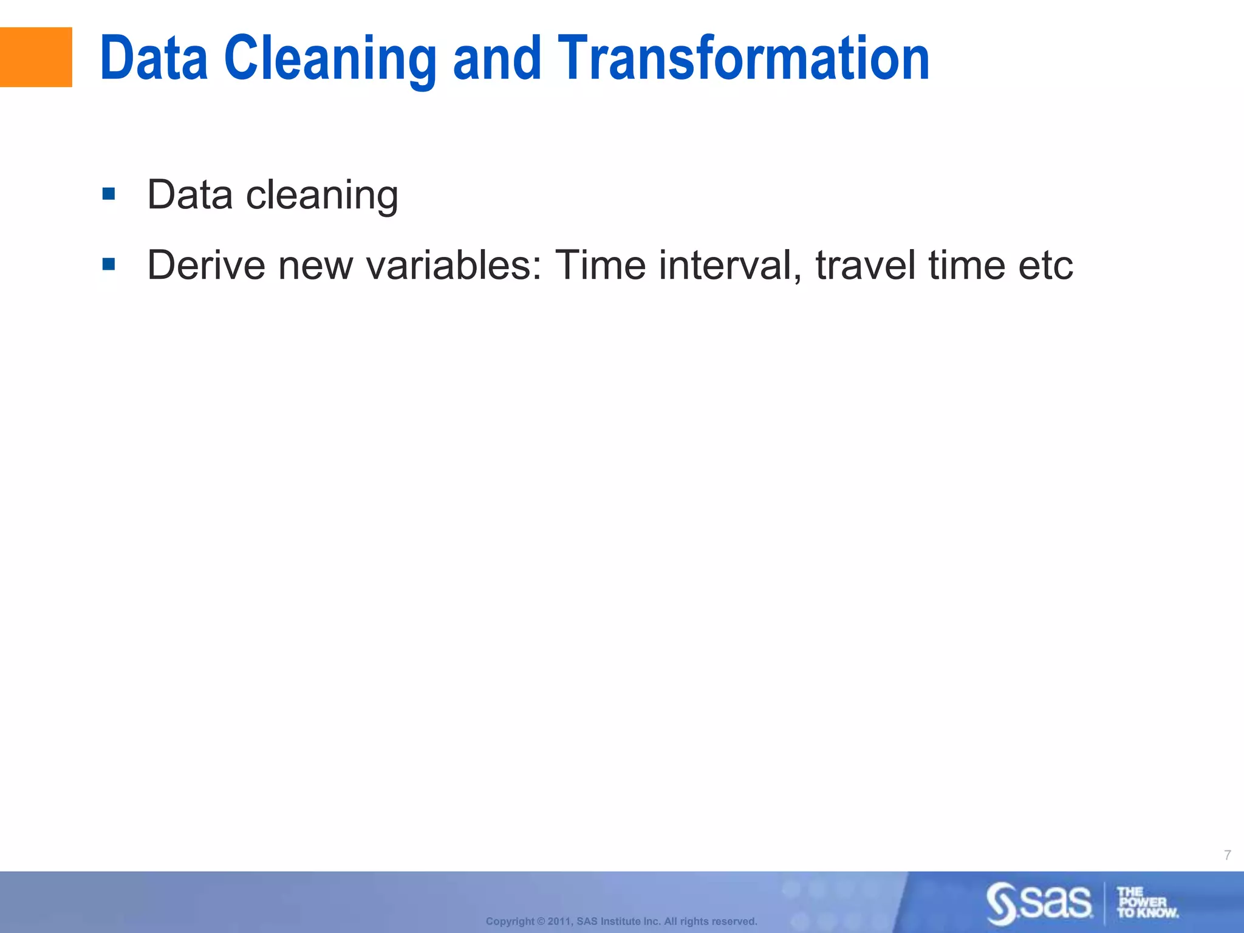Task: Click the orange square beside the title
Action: click(36, 57)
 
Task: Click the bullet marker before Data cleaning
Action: click(109, 194)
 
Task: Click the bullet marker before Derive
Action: click(109, 264)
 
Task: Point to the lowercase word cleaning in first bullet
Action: click(322, 196)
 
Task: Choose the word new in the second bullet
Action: click(315, 266)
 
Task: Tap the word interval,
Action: click(730, 265)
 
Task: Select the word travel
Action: click(865, 265)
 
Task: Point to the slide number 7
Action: click(1227, 855)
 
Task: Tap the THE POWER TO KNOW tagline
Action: click(1147, 903)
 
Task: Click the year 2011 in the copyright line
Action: click(559, 921)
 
